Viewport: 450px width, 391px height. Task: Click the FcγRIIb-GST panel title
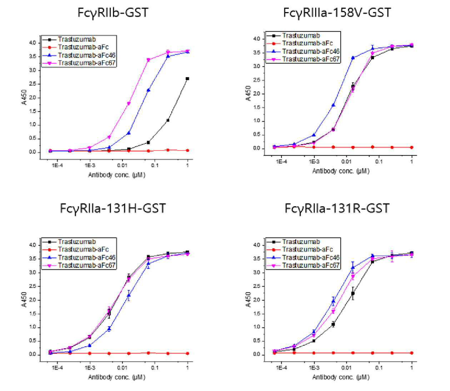113,13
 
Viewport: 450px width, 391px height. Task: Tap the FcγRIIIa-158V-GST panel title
337,13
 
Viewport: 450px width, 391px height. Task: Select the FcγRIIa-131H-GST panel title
112,208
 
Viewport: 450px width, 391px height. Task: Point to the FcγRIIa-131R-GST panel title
337,208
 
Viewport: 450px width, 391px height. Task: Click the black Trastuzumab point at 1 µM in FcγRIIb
187,79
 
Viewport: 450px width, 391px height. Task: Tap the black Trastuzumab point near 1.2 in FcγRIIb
168,120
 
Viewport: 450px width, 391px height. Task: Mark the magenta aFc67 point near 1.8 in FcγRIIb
129,103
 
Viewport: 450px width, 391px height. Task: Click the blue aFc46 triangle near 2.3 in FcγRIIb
149,90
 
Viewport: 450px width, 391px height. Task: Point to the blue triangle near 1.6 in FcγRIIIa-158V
334,105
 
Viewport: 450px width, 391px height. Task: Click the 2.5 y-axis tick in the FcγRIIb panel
33,84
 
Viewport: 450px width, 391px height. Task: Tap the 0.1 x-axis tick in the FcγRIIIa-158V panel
379,162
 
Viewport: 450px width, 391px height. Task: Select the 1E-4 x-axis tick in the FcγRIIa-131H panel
57,368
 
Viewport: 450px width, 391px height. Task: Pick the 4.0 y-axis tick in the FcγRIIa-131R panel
257,245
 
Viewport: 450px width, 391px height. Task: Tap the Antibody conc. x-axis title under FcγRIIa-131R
341,377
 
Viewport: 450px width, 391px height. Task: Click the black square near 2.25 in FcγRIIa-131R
353,293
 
